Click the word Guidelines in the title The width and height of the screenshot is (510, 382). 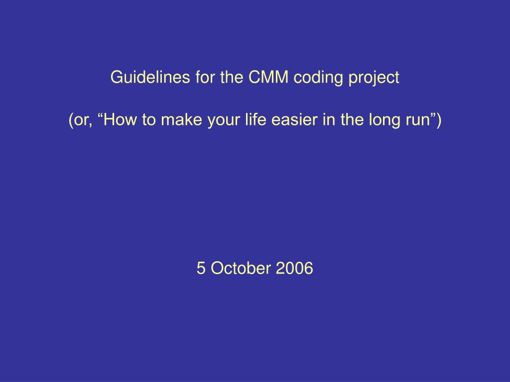click(x=150, y=77)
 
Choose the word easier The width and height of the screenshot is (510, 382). click(x=294, y=119)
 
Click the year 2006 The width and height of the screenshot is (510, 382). click(x=294, y=268)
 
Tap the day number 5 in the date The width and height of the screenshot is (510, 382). click(x=201, y=268)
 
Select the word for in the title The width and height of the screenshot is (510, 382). click(x=205, y=77)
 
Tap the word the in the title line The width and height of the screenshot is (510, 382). click(x=232, y=77)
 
